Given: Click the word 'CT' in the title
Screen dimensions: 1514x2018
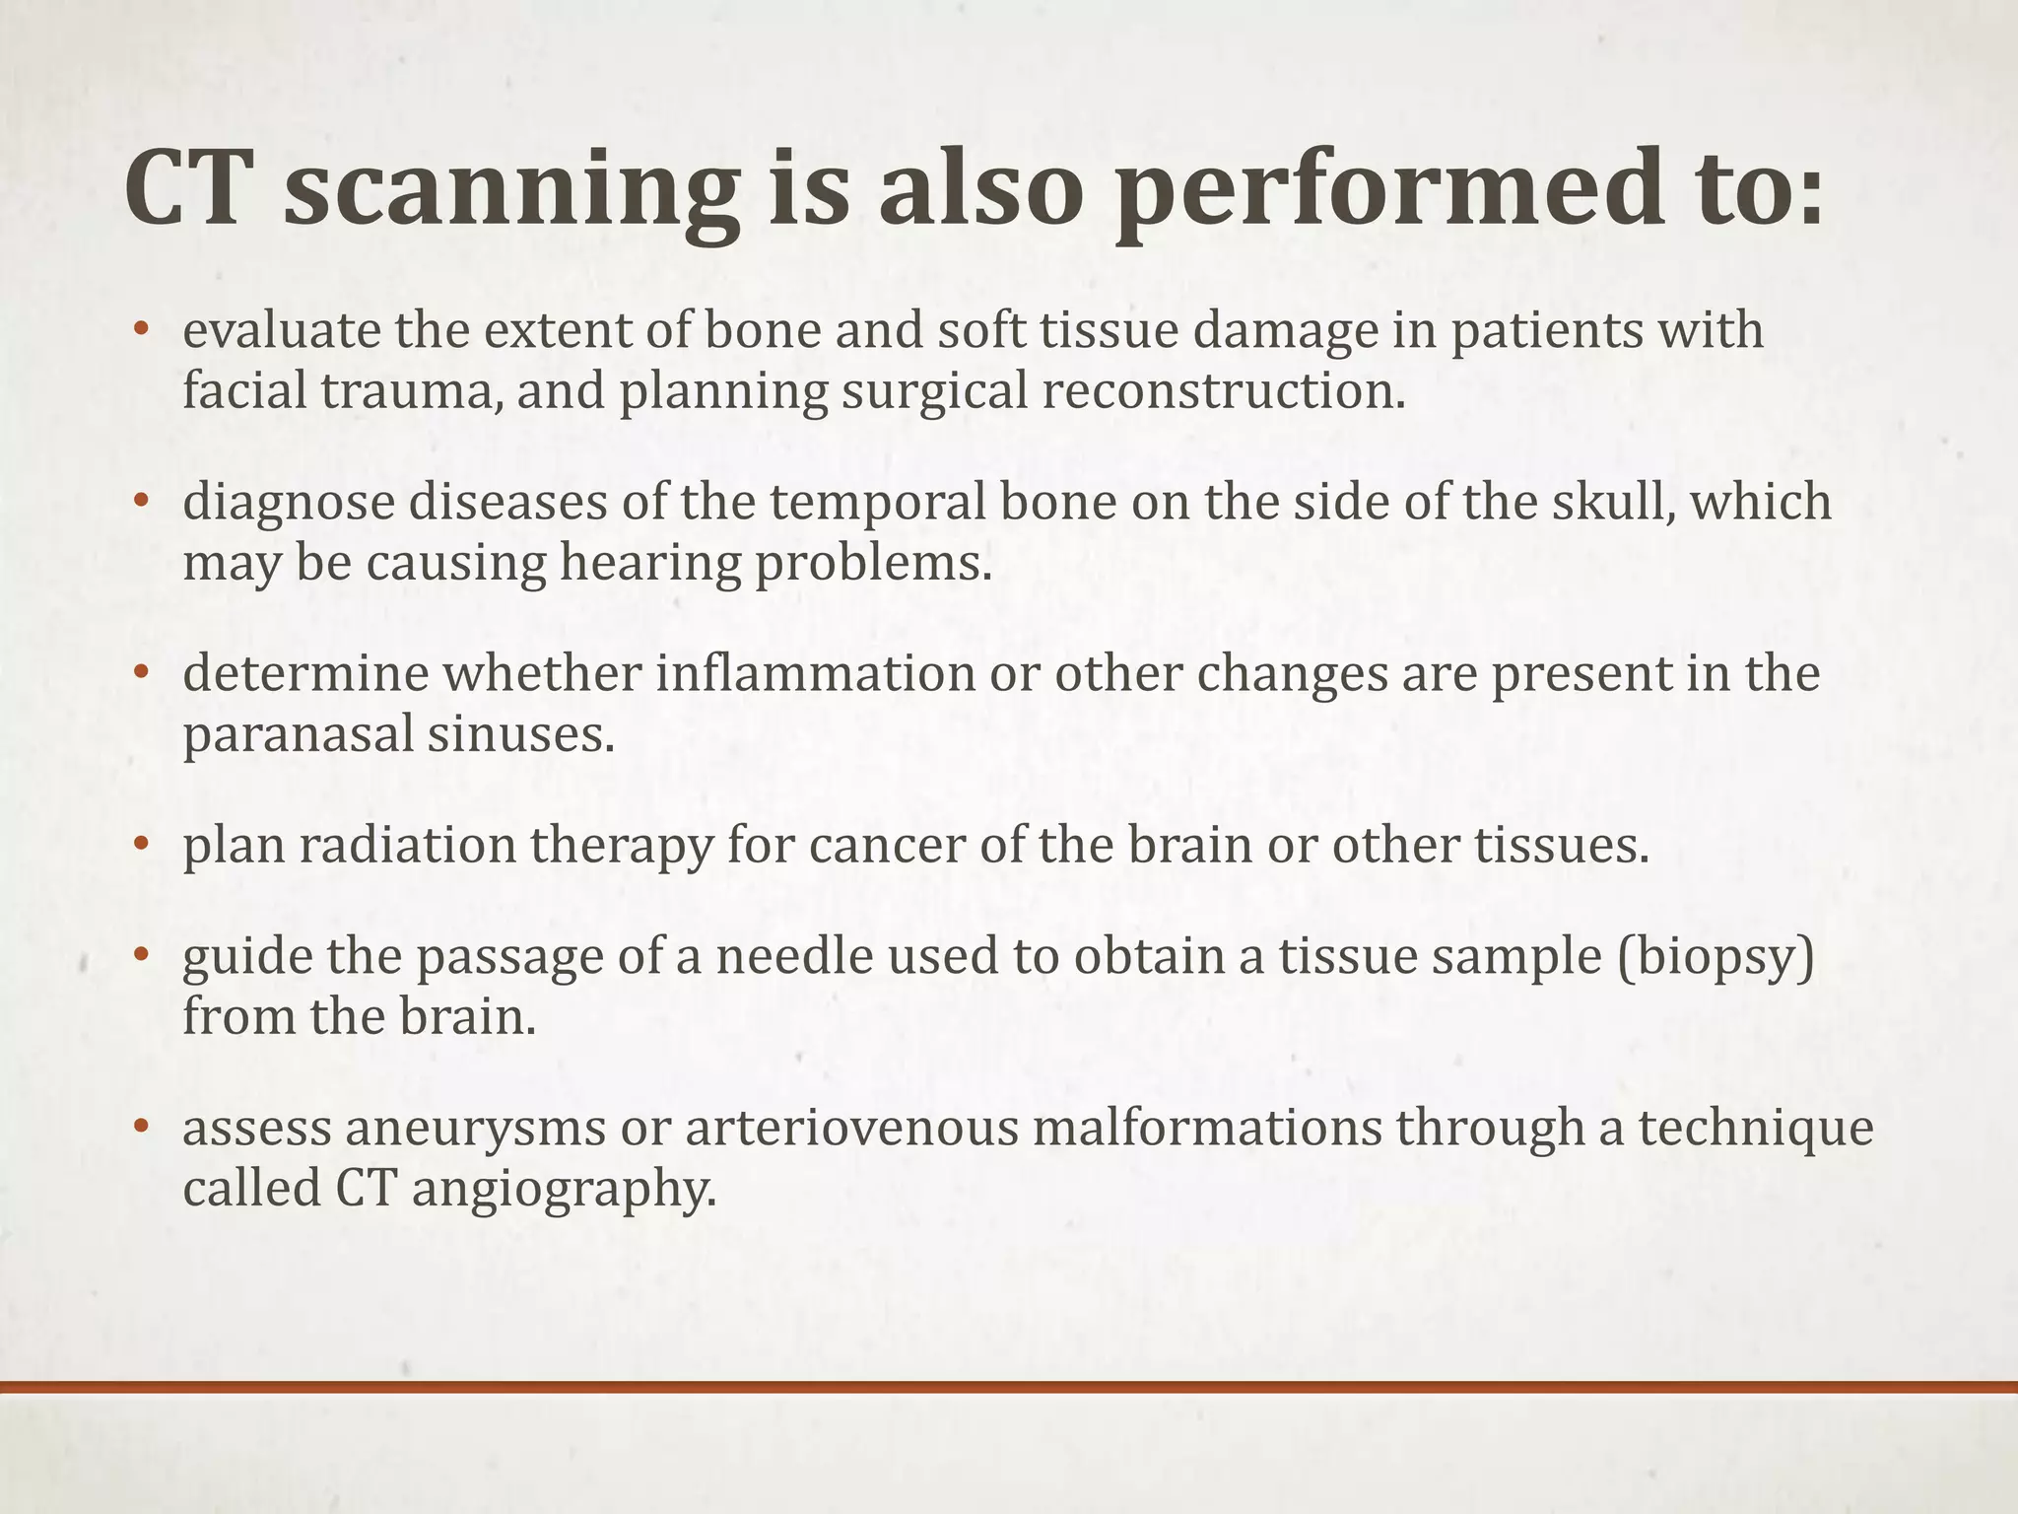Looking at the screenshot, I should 184,189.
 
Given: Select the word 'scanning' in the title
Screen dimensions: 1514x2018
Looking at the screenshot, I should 511,189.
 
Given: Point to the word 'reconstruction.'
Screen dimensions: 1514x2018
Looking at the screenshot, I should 1222,391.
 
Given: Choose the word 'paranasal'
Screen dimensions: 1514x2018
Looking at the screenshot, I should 298,735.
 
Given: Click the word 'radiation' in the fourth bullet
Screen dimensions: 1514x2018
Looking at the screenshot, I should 408,846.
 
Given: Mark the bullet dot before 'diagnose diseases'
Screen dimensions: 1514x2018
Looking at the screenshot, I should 141,503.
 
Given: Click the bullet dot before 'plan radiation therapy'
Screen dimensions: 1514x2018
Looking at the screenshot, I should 141,847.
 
